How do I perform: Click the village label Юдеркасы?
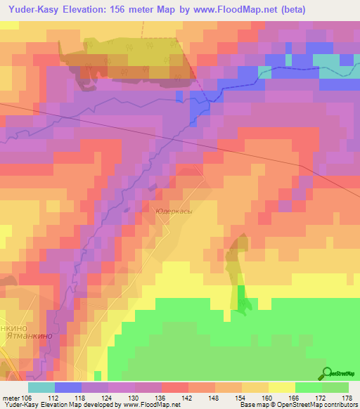pos(173,209)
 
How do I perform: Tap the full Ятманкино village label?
pos(25,337)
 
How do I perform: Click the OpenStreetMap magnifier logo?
pos(327,374)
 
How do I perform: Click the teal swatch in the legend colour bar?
pos(41,387)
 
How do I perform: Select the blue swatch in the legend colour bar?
pos(68,387)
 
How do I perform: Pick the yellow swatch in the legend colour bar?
pos(282,387)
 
